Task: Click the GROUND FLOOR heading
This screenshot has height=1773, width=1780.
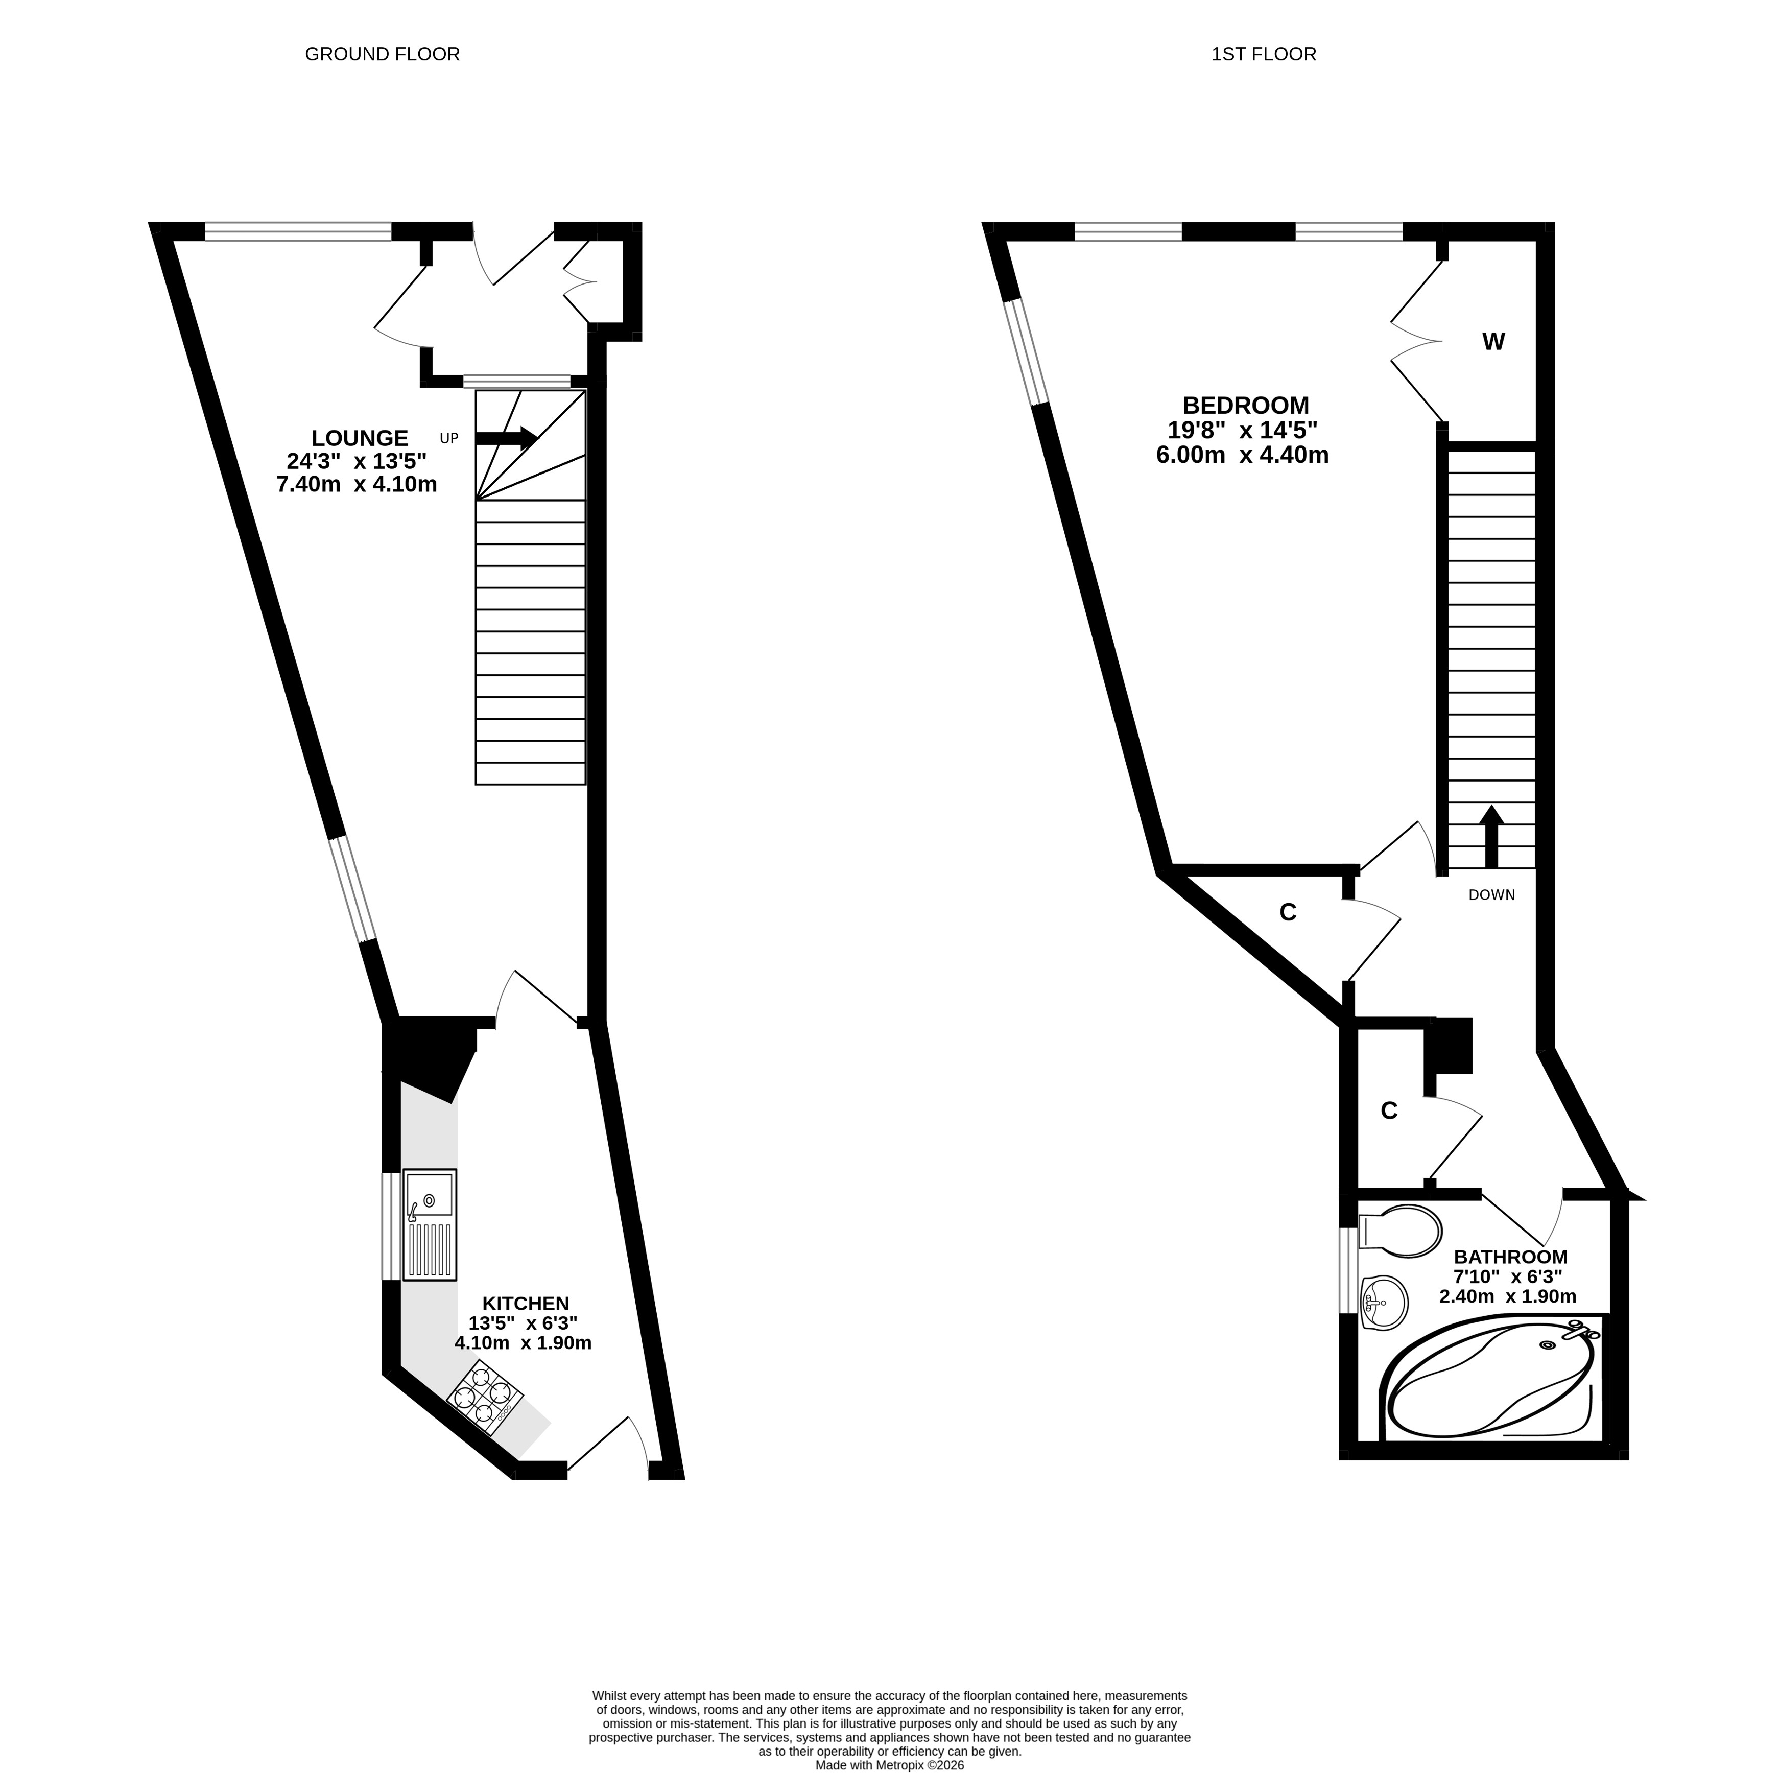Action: click(x=383, y=54)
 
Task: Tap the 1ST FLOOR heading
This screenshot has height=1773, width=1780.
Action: click(x=1264, y=54)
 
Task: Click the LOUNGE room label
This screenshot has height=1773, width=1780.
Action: click(x=359, y=438)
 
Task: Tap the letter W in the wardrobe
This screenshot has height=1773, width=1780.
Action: click(x=1493, y=342)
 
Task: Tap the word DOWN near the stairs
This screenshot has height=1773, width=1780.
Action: click(x=1491, y=895)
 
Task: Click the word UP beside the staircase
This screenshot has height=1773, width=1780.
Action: click(x=448, y=439)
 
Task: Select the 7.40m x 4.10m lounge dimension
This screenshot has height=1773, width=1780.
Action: click(x=357, y=484)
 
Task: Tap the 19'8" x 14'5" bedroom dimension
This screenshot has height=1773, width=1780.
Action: click(x=1243, y=430)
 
